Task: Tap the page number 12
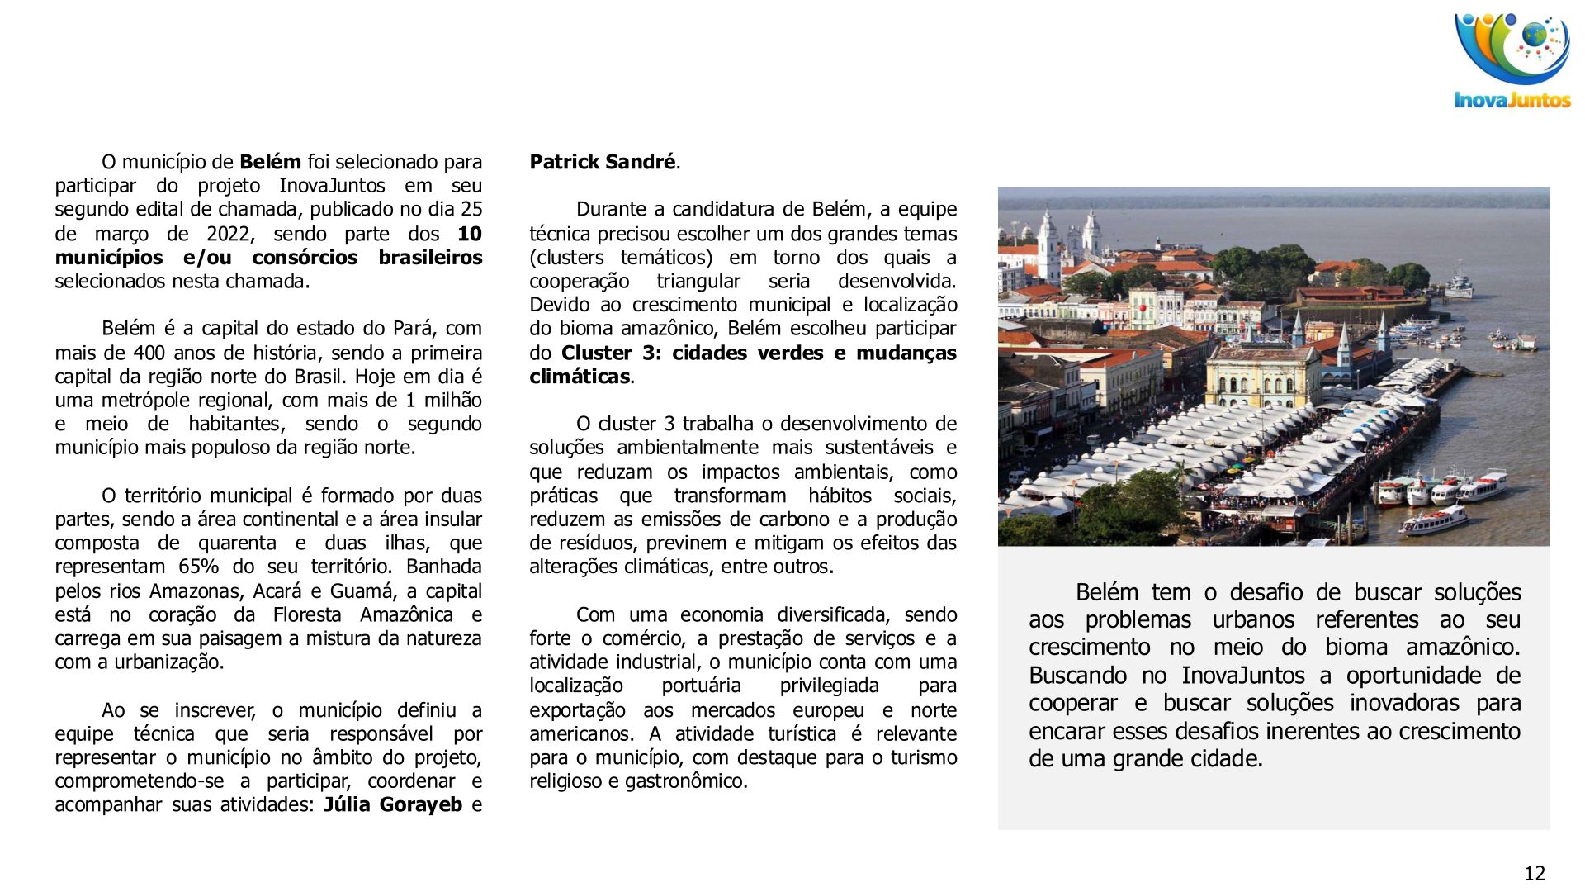1534,873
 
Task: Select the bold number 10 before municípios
470,234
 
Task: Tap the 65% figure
198,567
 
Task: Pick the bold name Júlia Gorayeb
393,804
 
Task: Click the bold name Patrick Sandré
603,162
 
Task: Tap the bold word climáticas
580,377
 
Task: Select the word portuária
701,686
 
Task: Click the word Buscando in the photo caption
1077,676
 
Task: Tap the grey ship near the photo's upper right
1459,283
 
